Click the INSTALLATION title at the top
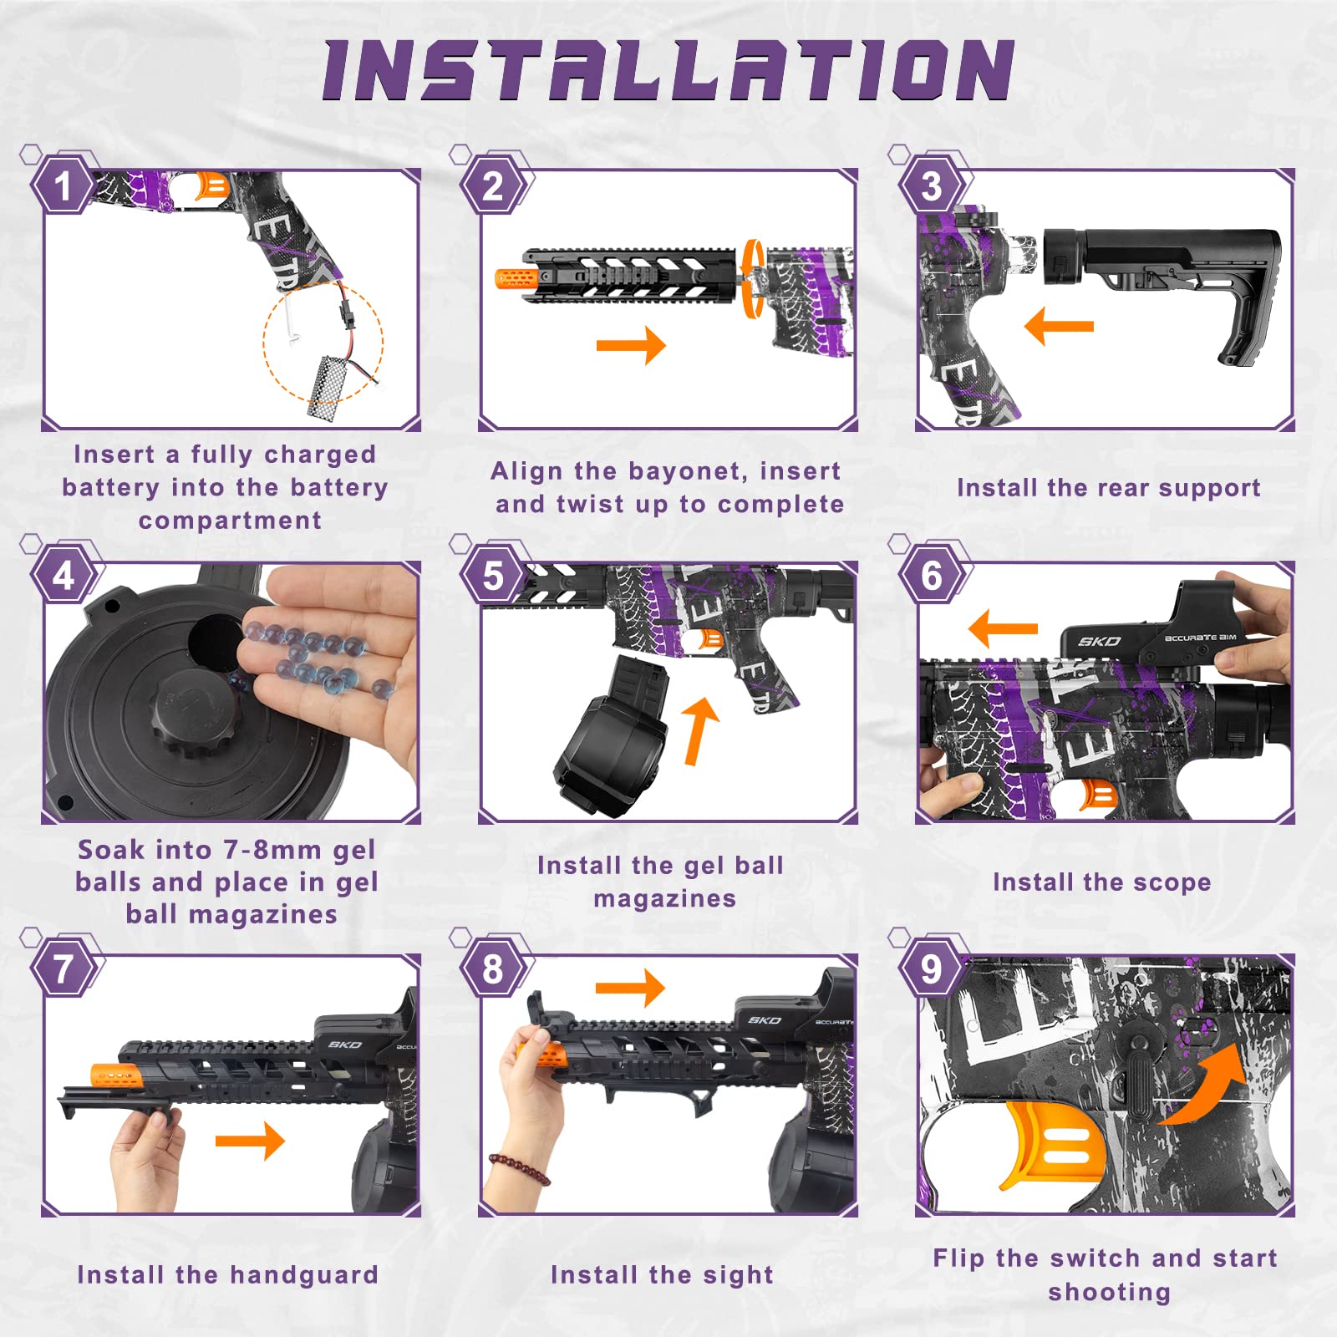668,71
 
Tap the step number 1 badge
63,186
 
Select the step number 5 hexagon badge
493,577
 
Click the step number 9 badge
931,969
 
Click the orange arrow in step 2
631,345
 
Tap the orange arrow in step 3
1059,326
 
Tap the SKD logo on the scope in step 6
1099,642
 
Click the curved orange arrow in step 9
1203,1086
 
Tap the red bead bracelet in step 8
520,1168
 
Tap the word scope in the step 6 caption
1172,882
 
